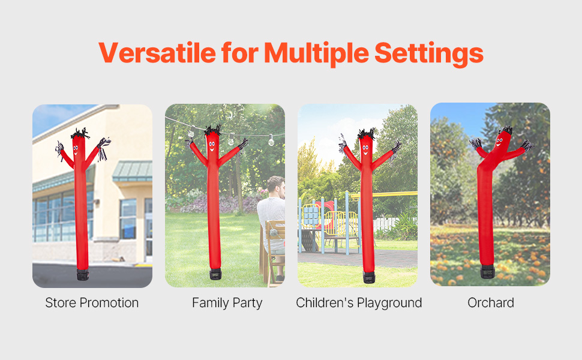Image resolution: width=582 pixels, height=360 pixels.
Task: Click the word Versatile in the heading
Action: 157,53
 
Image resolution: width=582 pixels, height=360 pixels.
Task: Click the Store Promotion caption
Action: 92,303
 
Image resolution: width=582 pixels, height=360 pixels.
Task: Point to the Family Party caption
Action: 227,303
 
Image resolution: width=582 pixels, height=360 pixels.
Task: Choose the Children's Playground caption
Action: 359,303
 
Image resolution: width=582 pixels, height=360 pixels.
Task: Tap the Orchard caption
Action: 491,303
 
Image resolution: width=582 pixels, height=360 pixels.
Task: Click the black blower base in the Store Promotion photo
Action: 83,275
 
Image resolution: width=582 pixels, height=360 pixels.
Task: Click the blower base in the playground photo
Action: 369,277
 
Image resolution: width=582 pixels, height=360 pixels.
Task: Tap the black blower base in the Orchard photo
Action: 487,272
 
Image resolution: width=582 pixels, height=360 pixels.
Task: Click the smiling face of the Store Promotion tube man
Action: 76,150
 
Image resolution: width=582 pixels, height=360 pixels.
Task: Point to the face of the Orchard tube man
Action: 500,143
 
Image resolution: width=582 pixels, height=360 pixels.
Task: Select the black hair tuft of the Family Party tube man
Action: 212,130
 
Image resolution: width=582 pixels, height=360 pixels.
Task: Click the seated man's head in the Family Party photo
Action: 277,187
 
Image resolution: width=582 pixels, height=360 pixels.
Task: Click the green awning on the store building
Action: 133,171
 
